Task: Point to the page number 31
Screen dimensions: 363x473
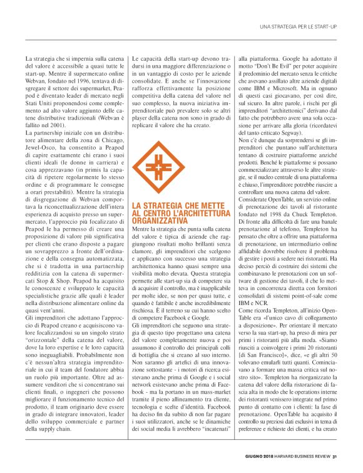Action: click(x=335, y=454)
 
